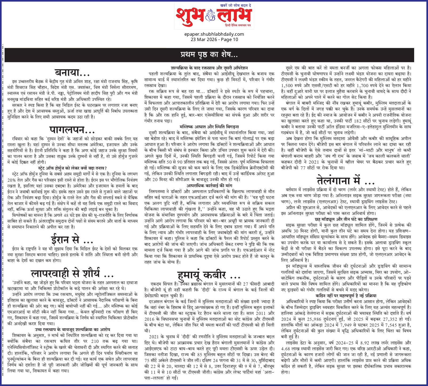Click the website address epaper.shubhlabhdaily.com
[x=214, y=34]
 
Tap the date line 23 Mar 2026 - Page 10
[x=214, y=39]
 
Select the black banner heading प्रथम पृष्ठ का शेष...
[x=209, y=55]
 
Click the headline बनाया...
[x=72, y=72]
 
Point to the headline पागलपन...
[x=72, y=130]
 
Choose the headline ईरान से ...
[x=72, y=240]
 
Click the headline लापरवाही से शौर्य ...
[x=72, y=273]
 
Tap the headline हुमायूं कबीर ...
[x=209, y=275]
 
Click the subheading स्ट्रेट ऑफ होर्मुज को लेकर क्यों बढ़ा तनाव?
[x=72, y=168]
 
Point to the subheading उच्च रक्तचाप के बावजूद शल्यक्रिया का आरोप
[x=72, y=330]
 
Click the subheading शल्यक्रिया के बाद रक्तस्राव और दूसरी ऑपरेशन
[x=209, y=68]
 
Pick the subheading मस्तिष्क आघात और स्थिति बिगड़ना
[x=209, y=127]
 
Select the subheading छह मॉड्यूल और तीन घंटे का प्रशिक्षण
[x=346, y=219]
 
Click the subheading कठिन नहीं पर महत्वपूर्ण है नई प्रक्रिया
[x=346, y=295]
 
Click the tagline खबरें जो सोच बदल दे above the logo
[x=236, y=5]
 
